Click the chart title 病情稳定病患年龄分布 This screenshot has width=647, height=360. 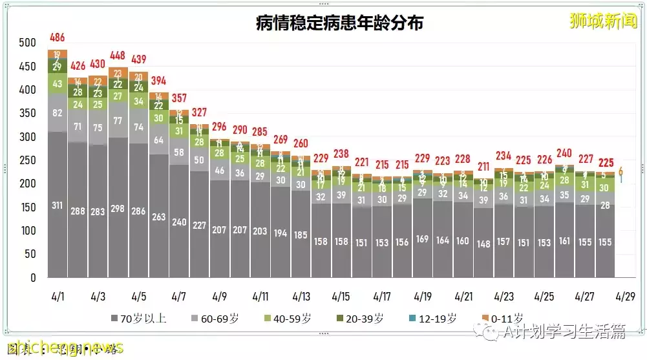coord(339,24)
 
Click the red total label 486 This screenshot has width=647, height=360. coord(58,37)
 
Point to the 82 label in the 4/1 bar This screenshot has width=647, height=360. coord(58,114)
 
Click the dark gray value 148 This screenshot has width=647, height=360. coord(483,244)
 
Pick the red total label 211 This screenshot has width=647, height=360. coord(483,166)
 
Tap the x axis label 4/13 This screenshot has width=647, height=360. coord(301,297)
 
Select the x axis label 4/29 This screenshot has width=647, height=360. coord(626,297)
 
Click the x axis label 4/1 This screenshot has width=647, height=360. coord(58,297)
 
